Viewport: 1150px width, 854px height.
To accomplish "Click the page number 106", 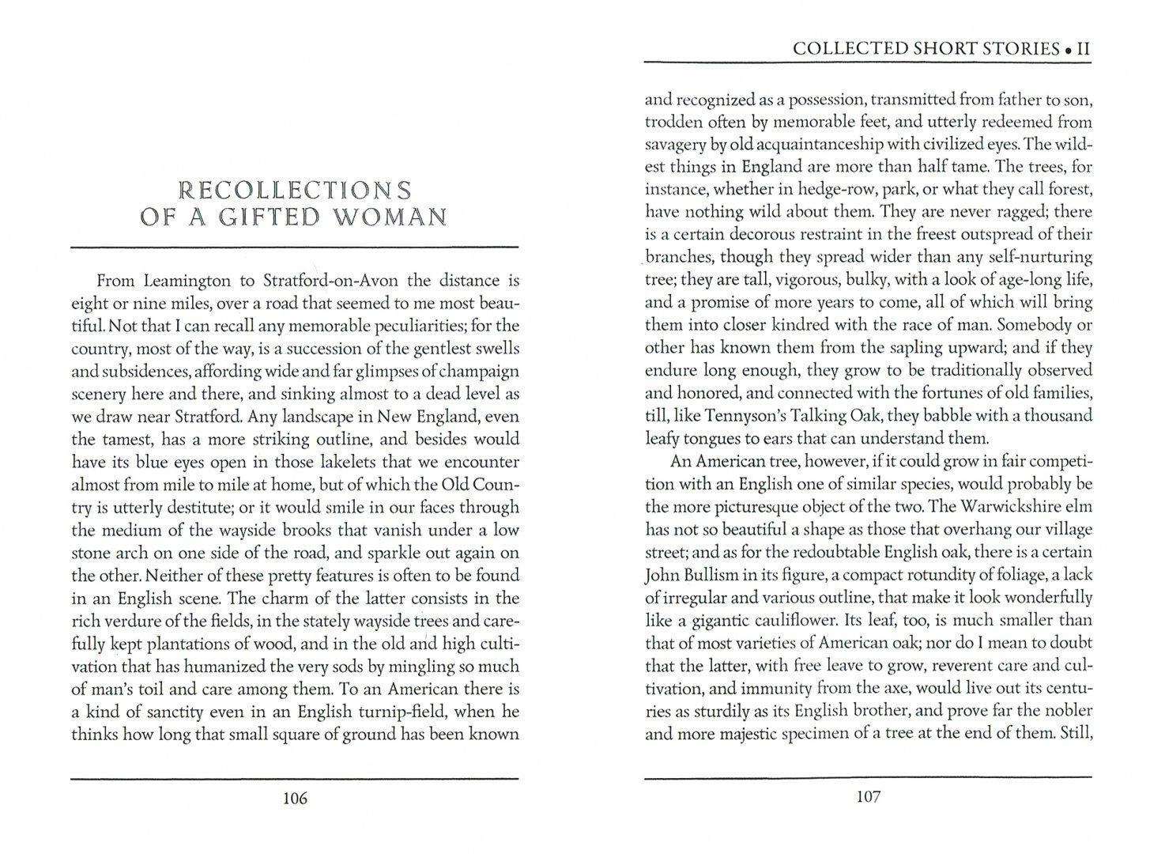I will (294, 798).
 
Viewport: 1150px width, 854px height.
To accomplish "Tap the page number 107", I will (868, 797).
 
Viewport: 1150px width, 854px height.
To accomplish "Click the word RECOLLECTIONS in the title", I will (295, 191).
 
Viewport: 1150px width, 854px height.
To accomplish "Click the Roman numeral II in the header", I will (1083, 49).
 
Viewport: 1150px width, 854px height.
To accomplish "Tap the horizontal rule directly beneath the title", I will (294, 248).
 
